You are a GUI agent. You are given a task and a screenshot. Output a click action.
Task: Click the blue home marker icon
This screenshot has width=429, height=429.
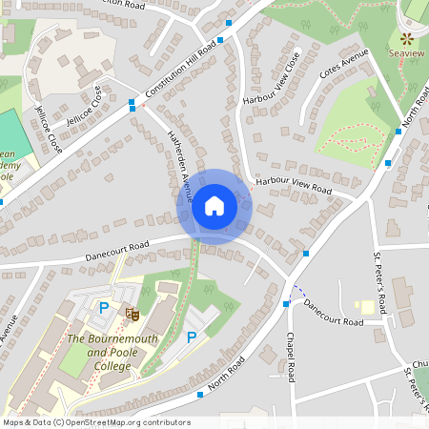tap(214, 206)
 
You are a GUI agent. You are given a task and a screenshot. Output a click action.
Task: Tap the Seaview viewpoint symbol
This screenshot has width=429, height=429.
tap(407, 39)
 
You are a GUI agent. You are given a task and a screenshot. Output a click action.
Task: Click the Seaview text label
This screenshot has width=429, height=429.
tap(407, 54)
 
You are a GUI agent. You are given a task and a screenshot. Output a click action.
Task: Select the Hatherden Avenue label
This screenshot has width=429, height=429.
tap(180, 168)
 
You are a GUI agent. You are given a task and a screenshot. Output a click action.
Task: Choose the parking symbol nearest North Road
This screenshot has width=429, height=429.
tap(192, 337)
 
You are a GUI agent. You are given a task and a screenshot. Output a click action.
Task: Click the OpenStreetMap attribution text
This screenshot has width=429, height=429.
tap(96, 422)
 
